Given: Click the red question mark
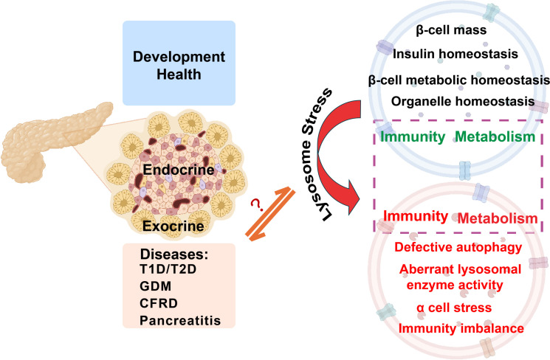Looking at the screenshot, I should pos(257,204).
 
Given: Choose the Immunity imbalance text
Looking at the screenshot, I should pos(452,328).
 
